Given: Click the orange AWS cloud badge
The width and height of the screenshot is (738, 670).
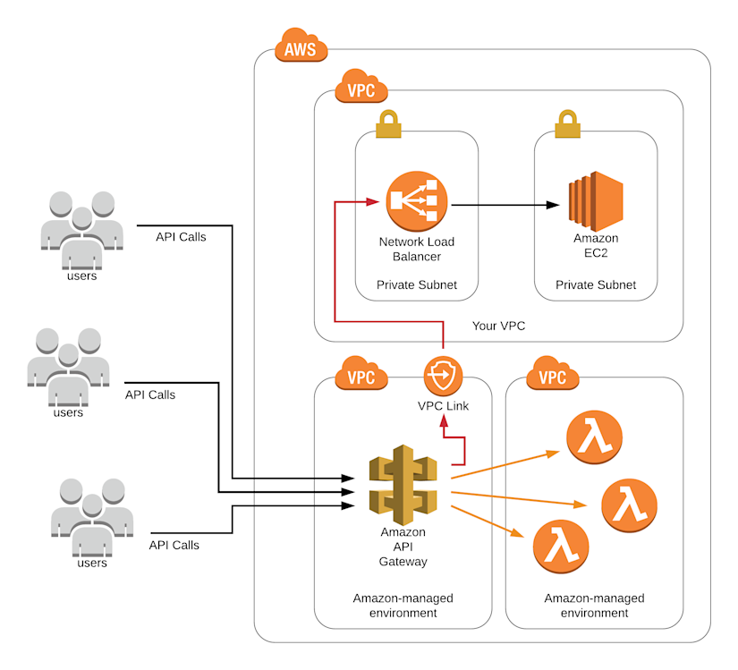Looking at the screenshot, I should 301,47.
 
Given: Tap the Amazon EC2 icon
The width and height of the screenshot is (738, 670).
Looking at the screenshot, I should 596,204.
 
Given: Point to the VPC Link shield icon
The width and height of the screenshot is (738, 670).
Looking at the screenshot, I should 443,377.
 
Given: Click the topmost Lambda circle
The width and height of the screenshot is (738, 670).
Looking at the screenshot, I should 593,436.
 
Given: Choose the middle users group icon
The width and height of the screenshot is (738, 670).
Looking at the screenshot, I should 68,368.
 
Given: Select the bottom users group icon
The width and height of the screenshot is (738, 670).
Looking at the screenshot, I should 92,518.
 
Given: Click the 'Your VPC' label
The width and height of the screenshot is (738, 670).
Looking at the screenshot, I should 498,326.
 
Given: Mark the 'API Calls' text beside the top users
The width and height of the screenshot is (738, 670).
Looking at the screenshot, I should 181,237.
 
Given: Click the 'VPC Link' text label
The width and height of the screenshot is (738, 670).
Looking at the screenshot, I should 443,406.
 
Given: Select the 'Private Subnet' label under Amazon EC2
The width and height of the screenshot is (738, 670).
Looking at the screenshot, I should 596,284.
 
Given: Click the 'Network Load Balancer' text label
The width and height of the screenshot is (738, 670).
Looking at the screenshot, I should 416,250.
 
